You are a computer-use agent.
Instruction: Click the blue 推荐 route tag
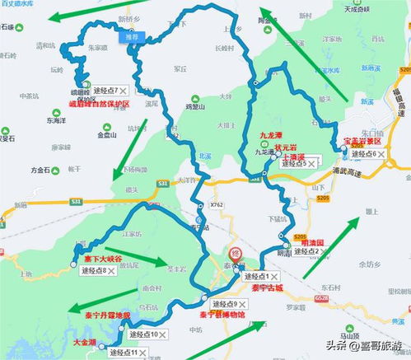[133, 36]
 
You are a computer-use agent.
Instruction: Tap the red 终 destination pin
[234, 254]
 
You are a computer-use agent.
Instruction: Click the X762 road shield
[217, 204]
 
